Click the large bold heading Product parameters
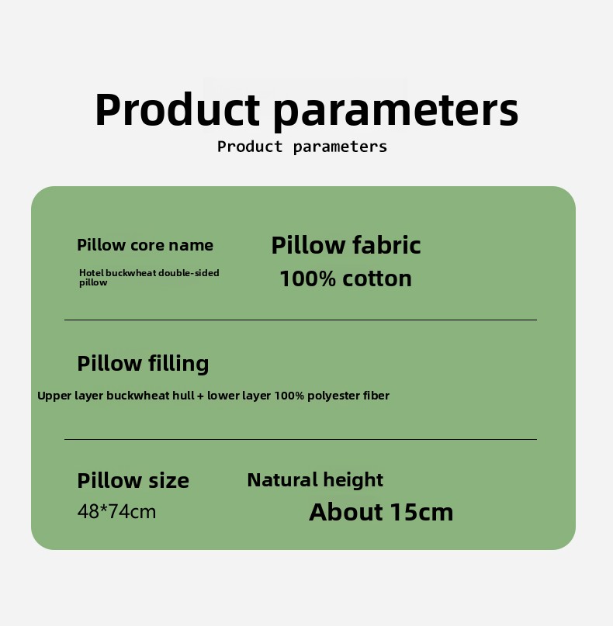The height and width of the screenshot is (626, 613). [306, 110]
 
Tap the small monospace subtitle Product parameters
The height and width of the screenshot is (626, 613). [303, 147]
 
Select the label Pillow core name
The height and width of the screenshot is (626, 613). [145, 245]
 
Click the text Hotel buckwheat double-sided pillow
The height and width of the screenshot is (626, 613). [149, 278]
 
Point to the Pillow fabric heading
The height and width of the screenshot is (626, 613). [346, 244]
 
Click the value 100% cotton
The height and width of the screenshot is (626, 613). [346, 278]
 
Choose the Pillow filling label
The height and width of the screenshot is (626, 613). [143, 364]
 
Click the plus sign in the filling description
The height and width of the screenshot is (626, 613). [200, 396]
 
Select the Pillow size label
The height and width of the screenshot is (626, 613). [133, 480]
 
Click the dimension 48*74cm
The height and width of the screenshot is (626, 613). [116, 511]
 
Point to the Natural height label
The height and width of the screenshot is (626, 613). [315, 480]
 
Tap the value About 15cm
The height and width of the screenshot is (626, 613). [381, 512]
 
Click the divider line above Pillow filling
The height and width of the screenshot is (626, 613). [301, 320]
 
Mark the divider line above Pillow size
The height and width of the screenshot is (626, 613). [301, 439]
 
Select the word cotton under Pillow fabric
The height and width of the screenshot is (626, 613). [377, 278]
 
